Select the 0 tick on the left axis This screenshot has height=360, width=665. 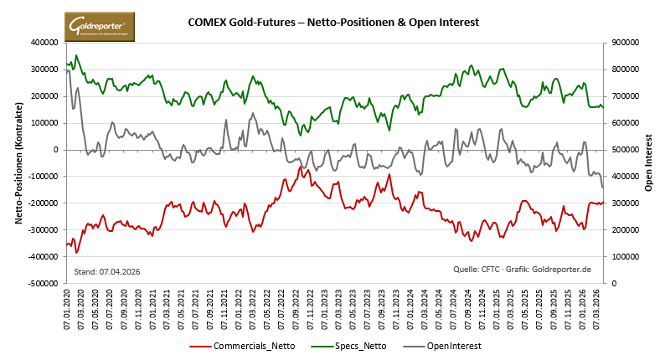tap(58, 150)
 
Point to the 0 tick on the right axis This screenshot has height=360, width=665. tap(612, 284)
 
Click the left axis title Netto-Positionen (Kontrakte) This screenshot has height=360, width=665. tap(18, 163)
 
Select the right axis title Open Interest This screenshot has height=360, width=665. tap(648, 163)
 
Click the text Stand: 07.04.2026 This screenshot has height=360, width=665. tap(107, 272)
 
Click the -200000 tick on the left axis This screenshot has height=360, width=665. tap(45, 203)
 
